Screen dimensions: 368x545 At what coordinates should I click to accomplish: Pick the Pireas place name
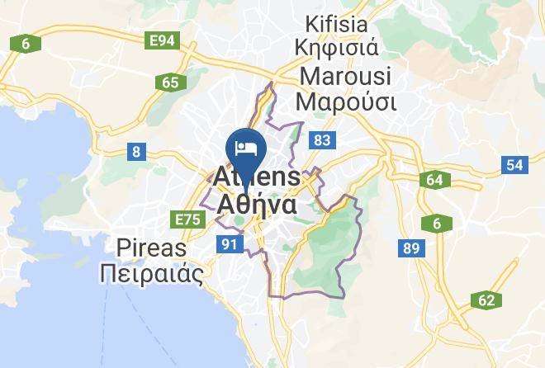click(x=151, y=248)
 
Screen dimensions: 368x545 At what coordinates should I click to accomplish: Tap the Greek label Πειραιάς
click(x=151, y=273)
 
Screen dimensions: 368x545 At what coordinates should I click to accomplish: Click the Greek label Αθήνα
click(x=257, y=203)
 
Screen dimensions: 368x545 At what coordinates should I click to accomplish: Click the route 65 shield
click(x=170, y=82)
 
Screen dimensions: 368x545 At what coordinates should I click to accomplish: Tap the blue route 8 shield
click(x=135, y=150)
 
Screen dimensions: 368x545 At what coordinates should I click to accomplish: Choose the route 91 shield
click(x=229, y=243)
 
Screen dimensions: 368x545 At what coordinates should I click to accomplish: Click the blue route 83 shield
click(x=322, y=141)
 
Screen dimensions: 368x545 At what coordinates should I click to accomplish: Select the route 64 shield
click(x=435, y=180)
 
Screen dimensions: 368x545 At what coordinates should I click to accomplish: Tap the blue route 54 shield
click(x=514, y=165)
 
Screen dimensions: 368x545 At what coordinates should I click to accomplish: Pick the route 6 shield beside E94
click(x=26, y=43)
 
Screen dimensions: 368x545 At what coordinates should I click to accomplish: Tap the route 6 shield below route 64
click(x=435, y=223)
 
